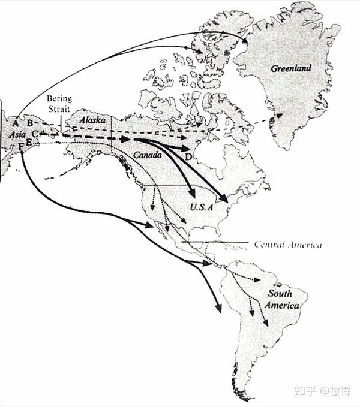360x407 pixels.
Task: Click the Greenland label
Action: tap(290, 68)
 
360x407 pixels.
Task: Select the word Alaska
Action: tap(92, 120)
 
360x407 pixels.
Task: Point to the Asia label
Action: tap(18, 135)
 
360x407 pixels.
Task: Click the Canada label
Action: tap(148, 155)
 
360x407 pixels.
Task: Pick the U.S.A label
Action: tap(202, 207)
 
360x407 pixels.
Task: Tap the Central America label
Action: tap(287, 244)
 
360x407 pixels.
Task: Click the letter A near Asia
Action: tap(14, 123)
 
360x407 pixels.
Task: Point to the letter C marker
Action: tap(35, 133)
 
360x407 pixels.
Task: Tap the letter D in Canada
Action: tap(188, 157)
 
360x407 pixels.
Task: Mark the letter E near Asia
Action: tap(28, 142)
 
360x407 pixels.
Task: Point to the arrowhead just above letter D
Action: tap(187, 147)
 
